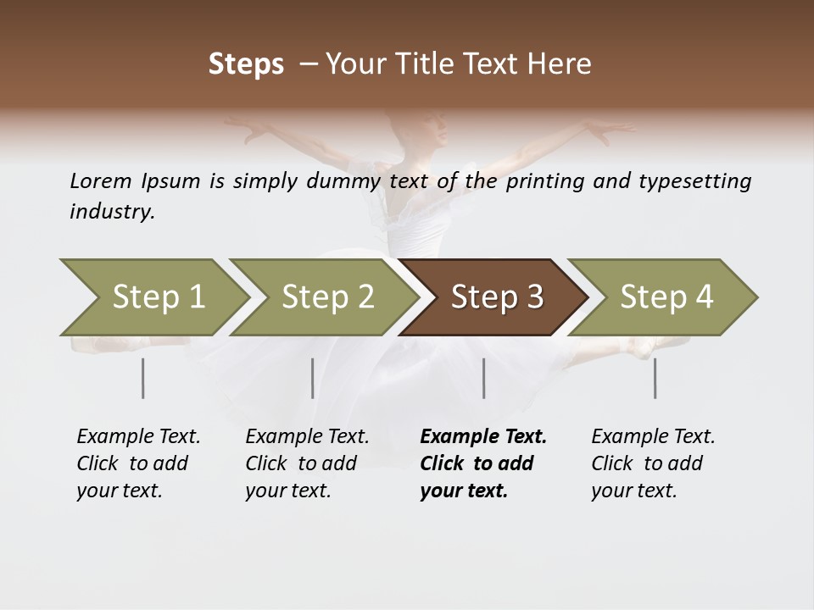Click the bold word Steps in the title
[x=246, y=64]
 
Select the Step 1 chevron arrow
[x=153, y=297]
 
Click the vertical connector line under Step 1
[x=142, y=378]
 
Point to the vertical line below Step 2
[x=313, y=378]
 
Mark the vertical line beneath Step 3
[x=484, y=378]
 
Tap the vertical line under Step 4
[x=655, y=378]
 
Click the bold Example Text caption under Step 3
[x=482, y=463]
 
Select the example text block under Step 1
[x=137, y=463]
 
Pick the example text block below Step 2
[x=306, y=463]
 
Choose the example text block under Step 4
[x=652, y=463]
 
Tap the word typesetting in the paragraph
[x=698, y=181]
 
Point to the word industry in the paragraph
[x=111, y=212]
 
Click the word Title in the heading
[x=448, y=64]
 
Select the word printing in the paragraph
[x=541, y=181]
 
